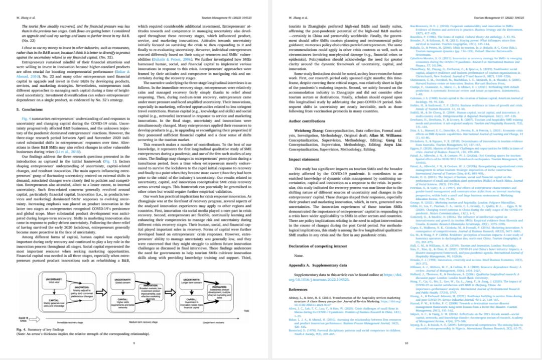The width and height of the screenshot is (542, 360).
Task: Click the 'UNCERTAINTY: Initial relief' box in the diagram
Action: pos(53,280)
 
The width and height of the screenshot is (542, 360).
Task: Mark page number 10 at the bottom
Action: pos(406,343)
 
